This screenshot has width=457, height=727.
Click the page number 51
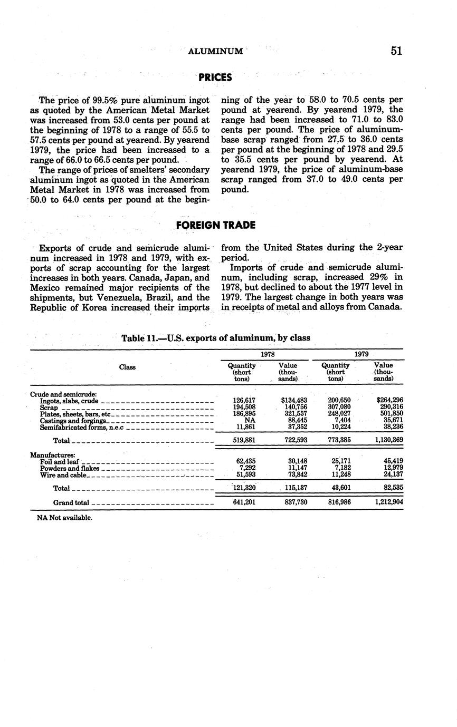(397, 51)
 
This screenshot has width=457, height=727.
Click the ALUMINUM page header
(215, 51)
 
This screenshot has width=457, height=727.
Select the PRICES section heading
(215, 77)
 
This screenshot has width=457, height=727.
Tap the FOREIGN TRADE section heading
(215, 225)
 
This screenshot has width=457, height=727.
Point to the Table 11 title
(215, 337)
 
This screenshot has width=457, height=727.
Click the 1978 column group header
(268, 354)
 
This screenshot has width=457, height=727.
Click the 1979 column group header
(361, 354)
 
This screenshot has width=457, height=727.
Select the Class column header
(127, 367)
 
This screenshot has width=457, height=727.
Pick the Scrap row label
(49, 408)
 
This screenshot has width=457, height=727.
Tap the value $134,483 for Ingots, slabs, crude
(294, 401)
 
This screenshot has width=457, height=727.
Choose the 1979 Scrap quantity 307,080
(339, 408)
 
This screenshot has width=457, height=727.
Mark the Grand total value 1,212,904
(389, 502)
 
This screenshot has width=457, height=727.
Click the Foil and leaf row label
(60, 461)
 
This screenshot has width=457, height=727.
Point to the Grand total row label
(71, 502)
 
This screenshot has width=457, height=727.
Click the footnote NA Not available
(64, 518)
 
